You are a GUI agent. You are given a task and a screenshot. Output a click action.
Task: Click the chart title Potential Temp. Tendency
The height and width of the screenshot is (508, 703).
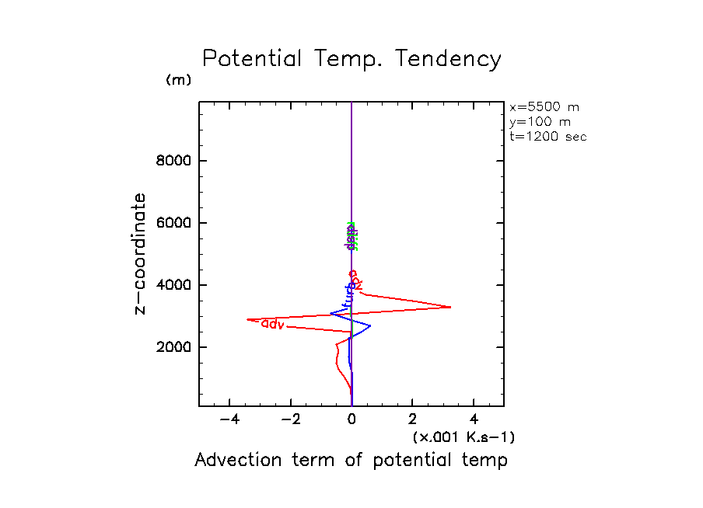[x=351, y=60]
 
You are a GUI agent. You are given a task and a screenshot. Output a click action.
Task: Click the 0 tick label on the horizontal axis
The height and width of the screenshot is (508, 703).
[x=352, y=420]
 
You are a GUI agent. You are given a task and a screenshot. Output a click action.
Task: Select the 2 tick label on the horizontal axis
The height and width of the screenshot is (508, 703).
[x=413, y=420]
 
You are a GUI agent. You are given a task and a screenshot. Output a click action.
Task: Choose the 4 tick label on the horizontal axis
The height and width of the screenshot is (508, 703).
[x=474, y=420]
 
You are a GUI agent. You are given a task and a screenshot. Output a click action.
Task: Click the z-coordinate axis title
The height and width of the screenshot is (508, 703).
[x=141, y=254]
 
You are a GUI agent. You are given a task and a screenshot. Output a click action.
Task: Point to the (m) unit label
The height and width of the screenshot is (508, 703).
[x=178, y=80]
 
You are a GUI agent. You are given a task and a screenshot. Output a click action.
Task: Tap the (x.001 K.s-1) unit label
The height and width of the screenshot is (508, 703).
[x=463, y=437]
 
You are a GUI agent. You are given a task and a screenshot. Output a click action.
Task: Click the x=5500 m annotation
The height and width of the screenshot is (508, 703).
[x=544, y=107]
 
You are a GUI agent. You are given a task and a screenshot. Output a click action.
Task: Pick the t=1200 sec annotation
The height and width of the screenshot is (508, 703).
[x=548, y=137]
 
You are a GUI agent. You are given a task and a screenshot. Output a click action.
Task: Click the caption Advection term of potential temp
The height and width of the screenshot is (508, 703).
[x=351, y=461]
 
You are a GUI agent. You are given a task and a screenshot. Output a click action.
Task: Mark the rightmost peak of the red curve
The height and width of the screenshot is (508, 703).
[x=451, y=308]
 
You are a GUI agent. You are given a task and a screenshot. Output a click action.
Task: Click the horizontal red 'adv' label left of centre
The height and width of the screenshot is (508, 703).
[x=272, y=323]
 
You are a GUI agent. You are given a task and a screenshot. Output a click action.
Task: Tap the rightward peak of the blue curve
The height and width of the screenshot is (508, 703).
[x=370, y=325]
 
